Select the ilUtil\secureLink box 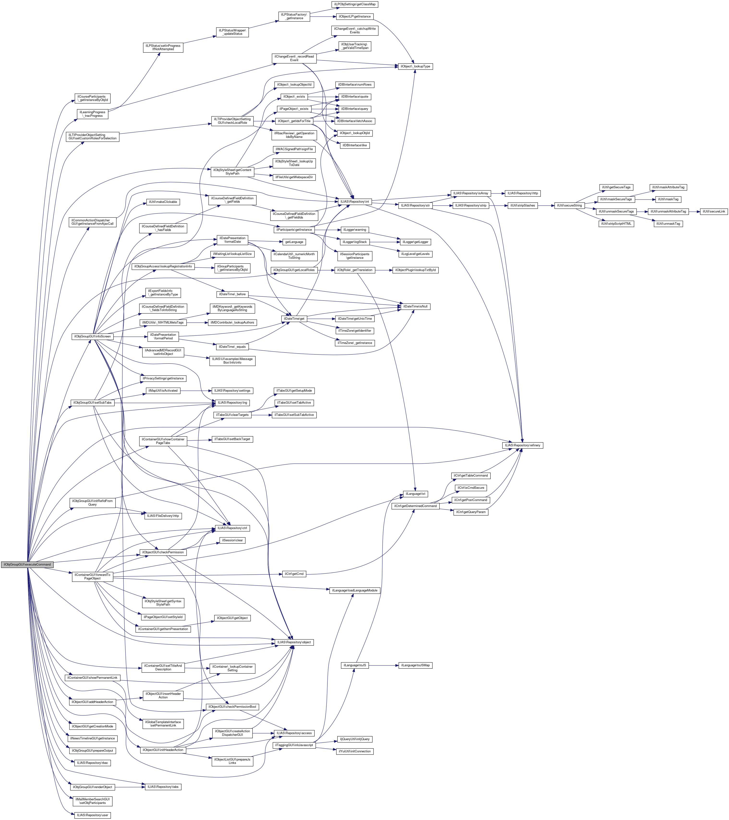[714, 212]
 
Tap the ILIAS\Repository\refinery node [523, 445]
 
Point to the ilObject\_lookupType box [416, 66]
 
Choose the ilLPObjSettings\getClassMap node [355, 4]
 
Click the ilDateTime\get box [294, 319]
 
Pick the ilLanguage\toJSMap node [416, 665]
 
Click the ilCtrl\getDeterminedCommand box [415, 506]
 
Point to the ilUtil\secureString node [569, 205]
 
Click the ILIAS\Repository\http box [523, 193]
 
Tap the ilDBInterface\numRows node [355, 85]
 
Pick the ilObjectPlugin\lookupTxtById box [416, 270]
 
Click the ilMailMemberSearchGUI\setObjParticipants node [92, 801]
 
